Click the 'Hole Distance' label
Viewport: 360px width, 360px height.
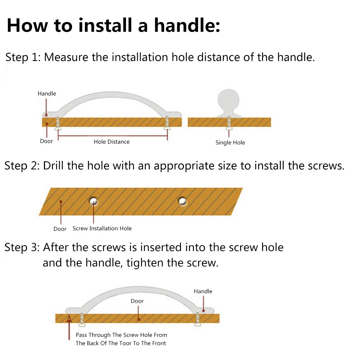click(112, 141)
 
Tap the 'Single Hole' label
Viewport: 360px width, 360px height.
click(230, 143)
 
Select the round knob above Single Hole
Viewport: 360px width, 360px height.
click(229, 103)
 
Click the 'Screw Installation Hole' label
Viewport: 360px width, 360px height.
click(102, 229)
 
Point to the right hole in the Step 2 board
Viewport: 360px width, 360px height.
click(183, 201)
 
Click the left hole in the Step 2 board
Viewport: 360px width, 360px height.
click(94, 201)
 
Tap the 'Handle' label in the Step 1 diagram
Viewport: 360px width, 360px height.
click(47, 94)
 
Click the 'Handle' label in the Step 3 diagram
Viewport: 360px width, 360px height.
click(203, 291)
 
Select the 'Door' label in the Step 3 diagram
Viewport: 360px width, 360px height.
click(137, 301)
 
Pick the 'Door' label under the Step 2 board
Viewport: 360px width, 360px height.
click(60, 229)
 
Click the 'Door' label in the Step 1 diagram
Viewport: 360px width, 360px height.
click(46, 141)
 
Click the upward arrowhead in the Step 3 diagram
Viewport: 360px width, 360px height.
click(69, 319)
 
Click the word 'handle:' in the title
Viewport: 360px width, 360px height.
click(187, 25)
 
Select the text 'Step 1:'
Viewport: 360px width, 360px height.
click(23, 57)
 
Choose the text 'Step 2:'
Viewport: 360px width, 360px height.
click(22, 166)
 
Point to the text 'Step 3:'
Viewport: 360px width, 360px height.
click(22, 248)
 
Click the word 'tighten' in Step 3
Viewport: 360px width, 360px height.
click(145, 263)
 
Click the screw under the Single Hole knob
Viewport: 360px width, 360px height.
click(229, 123)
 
